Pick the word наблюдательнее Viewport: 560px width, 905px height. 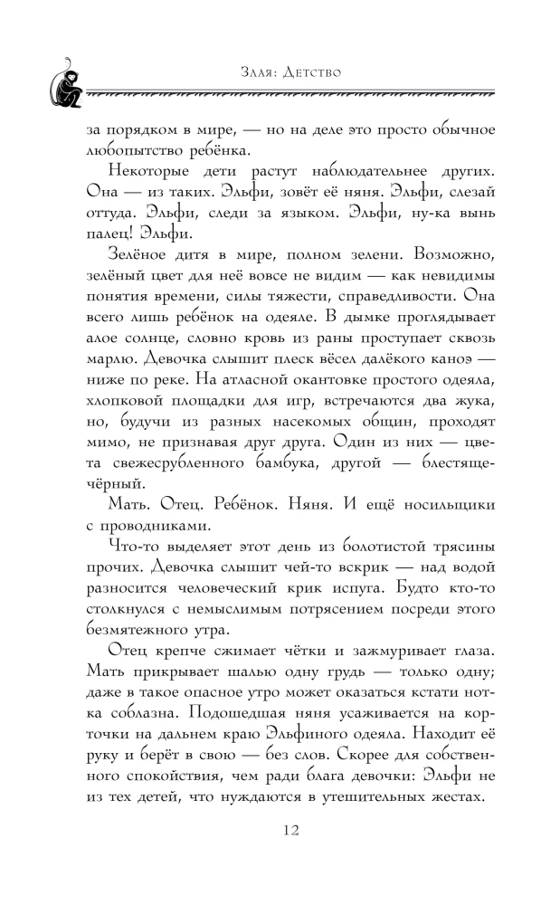(360, 172)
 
